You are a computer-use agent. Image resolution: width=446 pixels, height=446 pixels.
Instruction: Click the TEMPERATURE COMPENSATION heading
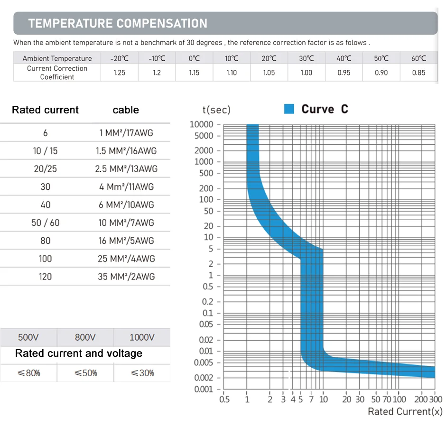(x=118, y=23)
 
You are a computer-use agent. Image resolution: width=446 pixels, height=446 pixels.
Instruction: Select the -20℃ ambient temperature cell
(x=119, y=58)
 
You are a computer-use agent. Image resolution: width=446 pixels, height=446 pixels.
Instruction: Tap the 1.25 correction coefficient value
(x=119, y=73)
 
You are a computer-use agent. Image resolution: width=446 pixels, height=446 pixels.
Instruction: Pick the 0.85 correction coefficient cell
(x=418, y=73)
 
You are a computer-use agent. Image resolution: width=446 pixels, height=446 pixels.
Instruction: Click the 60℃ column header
(x=418, y=58)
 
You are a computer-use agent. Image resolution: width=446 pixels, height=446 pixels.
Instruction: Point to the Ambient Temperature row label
(x=57, y=58)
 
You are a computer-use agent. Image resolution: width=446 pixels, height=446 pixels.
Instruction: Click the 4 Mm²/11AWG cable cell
(x=126, y=187)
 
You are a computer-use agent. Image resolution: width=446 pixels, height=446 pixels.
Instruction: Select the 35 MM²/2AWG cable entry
(x=126, y=277)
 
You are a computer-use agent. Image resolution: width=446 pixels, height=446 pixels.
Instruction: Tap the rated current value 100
(x=46, y=259)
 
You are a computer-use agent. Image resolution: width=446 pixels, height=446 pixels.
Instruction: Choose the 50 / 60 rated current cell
(x=46, y=223)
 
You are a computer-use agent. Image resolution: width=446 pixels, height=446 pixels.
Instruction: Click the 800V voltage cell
(x=85, y=337)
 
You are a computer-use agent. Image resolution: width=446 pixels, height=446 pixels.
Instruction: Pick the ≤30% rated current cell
(x=142, y=373)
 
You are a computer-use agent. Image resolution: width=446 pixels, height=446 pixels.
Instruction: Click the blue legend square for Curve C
(x=289, y=109)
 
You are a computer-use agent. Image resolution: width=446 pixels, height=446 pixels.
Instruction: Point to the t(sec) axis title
(x=216, y=110)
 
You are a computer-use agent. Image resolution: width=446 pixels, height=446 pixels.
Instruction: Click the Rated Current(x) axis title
(x=405, y=411)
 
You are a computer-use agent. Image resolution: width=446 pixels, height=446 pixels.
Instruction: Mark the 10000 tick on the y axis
(x=202, y=124)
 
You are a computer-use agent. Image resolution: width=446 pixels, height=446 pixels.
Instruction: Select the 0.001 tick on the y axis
(x=204, y=390)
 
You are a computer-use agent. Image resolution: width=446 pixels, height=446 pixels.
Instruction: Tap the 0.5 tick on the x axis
(x=224, y=400)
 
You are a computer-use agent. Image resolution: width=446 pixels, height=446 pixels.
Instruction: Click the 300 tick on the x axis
(x=435, y=400)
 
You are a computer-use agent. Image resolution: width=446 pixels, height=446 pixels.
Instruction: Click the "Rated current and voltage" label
(x=79, y=353)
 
